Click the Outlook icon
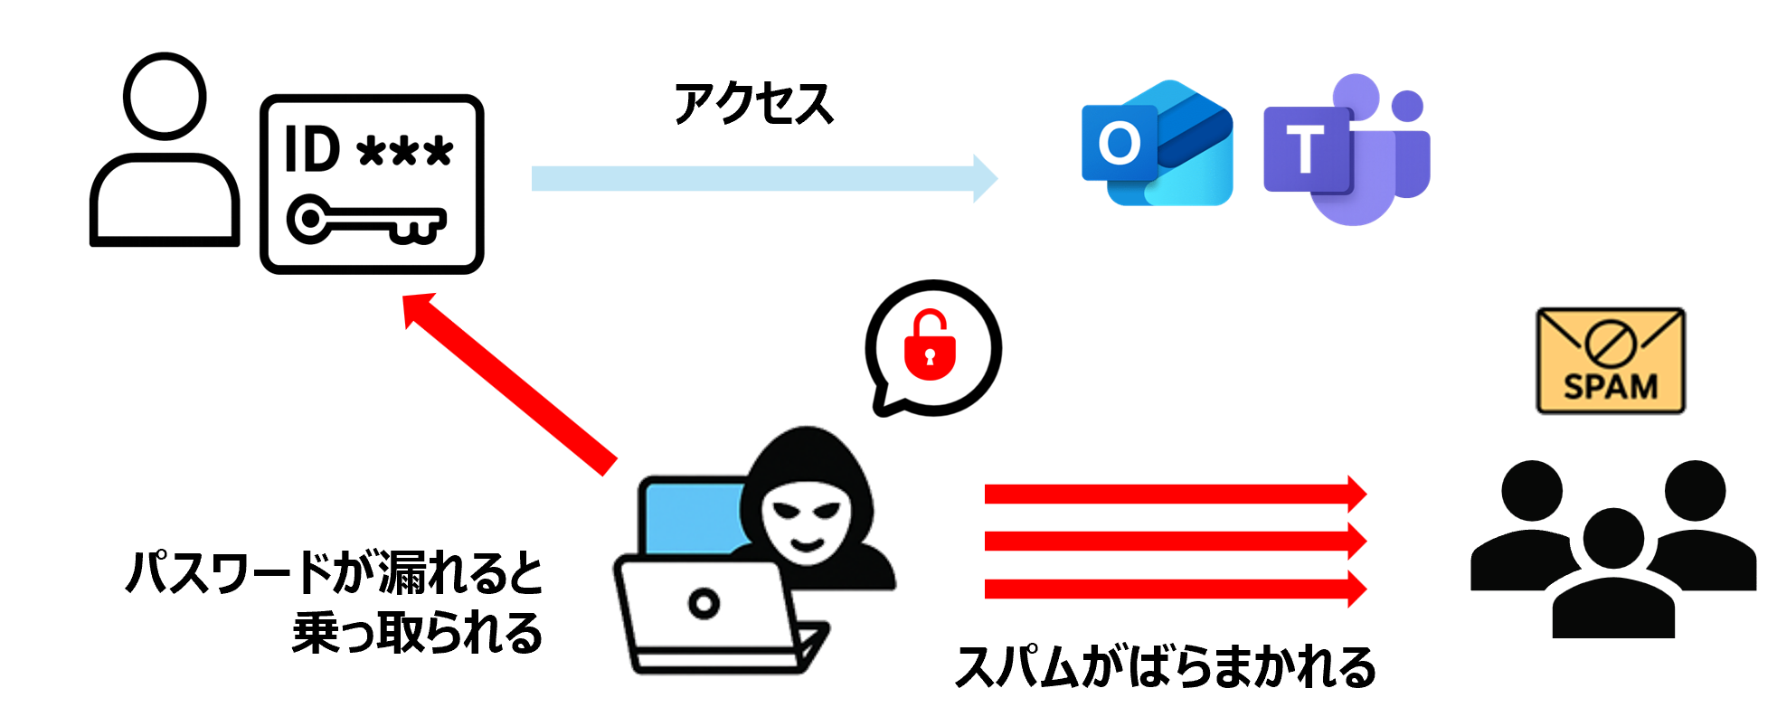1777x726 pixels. tap(1158, 143)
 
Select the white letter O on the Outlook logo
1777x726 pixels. tap(1120, 143)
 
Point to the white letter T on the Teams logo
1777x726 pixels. tap(1305, 150)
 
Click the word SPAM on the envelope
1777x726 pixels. tap(1611, 386)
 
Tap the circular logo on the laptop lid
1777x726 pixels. tap(704, 602)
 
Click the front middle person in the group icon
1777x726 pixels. tap(1613, 579)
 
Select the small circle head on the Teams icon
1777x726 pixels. tap(1407, 106)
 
